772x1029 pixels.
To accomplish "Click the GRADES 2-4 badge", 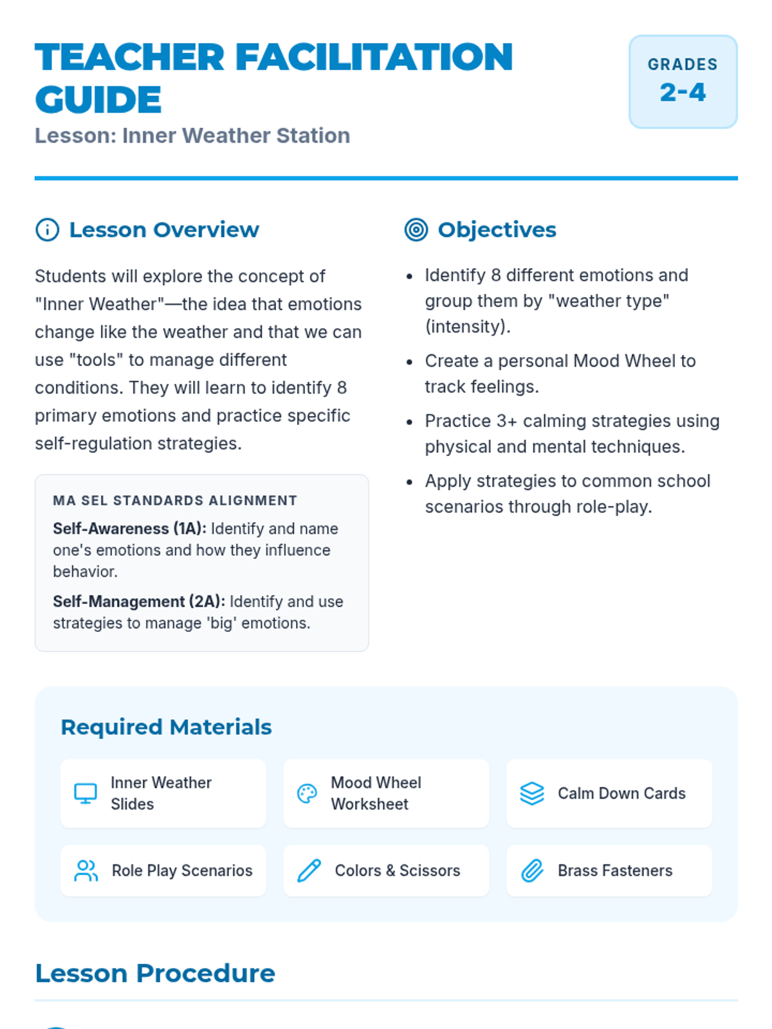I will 683,82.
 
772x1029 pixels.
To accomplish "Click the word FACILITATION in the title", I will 374,57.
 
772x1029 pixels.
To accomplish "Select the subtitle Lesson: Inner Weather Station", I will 192,136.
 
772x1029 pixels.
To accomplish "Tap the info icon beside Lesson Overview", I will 47,230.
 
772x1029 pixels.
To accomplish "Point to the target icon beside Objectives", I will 416,230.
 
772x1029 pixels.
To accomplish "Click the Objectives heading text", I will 497,230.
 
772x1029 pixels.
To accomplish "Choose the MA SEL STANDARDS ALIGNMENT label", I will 175,500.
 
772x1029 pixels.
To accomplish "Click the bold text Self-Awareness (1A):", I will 129,529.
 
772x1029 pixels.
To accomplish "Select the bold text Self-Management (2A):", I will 139,601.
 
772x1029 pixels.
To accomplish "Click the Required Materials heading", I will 166,727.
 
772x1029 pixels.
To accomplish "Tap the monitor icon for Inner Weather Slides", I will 86,794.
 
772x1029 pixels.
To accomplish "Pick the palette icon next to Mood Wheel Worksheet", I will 307,794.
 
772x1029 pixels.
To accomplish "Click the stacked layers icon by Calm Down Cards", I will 532,794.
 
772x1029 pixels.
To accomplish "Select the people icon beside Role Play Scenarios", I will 86,871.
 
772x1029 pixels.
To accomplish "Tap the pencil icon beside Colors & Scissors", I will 309,871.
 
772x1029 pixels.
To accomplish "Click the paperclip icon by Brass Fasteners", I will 532,871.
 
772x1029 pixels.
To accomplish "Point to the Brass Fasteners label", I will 614,871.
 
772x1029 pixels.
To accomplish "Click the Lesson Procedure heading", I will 155,973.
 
